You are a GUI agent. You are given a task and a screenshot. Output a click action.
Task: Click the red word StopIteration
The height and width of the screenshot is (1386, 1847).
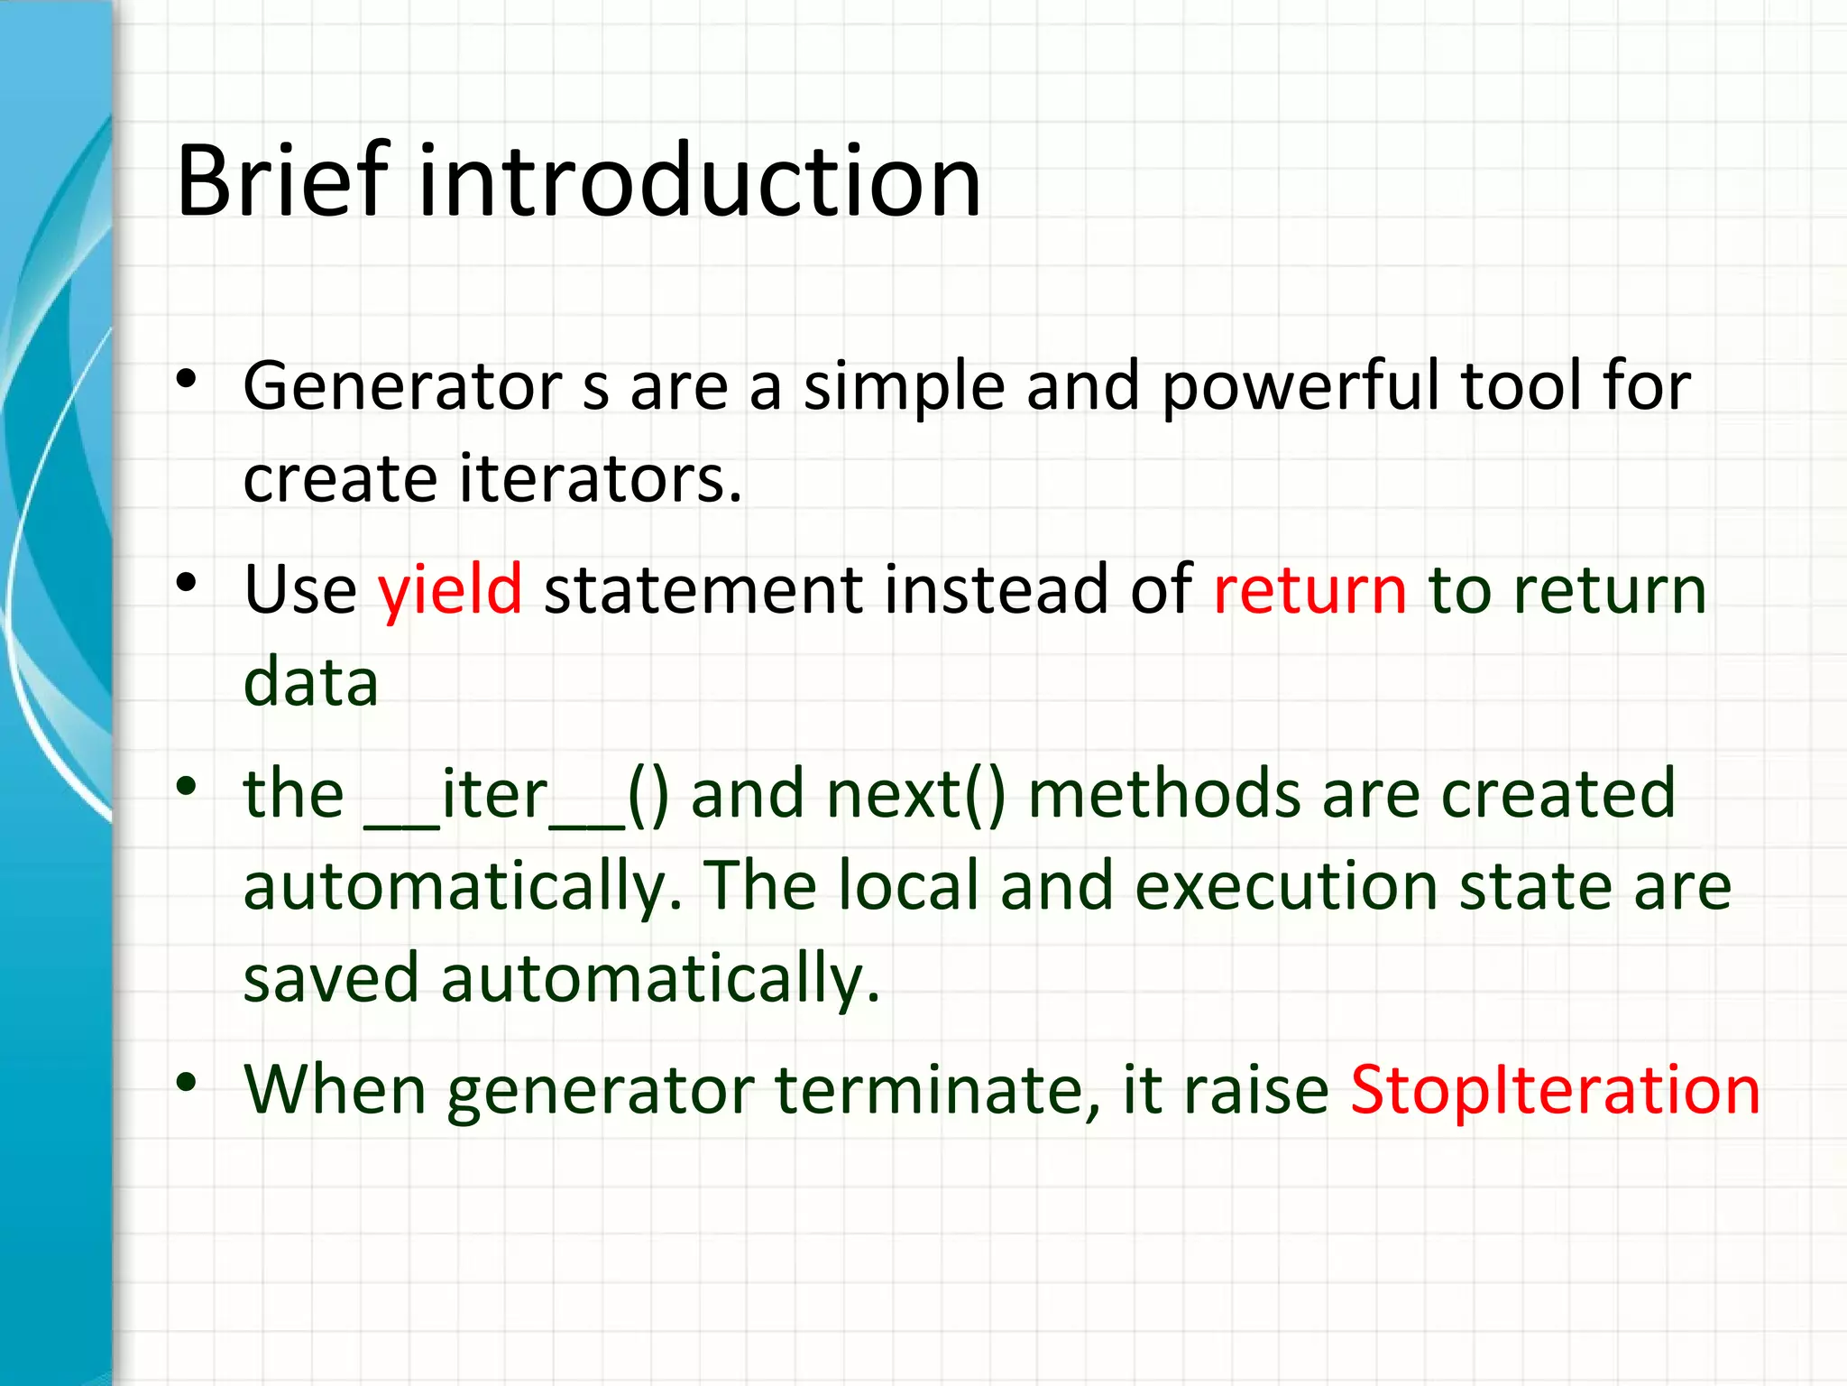[1555, 1090]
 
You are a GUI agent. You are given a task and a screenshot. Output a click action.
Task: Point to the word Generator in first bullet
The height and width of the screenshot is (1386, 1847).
[402, 386]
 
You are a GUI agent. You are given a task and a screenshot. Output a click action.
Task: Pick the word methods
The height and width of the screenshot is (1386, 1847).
[1163, 794]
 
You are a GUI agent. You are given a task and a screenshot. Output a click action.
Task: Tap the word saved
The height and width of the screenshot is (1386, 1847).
[331, 978]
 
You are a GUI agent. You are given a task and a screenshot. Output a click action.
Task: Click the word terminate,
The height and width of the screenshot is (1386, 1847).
[937, 1090]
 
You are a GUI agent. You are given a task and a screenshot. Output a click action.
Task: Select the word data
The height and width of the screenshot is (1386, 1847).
[311, 682]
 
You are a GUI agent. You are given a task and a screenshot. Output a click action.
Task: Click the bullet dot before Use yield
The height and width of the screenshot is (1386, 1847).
[187, 583]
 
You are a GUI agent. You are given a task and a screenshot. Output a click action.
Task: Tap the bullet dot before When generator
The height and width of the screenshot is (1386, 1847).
[187, 1082]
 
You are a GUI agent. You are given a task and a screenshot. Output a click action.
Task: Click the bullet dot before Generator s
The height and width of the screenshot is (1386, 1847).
[187, 379]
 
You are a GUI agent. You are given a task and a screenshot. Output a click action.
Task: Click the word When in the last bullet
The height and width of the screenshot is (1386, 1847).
[335, 1090]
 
